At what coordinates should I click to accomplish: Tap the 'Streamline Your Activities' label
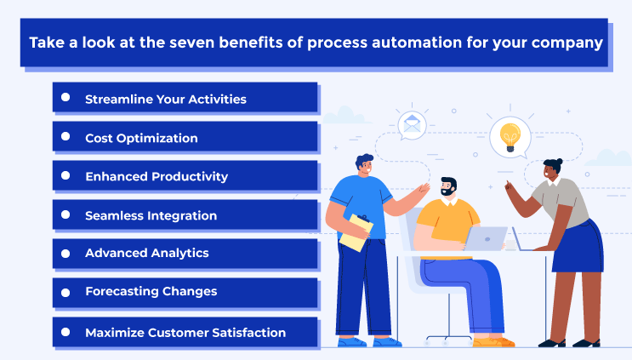(166, 99)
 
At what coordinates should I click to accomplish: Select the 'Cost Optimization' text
(141, 138)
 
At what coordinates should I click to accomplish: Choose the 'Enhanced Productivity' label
(157, 176)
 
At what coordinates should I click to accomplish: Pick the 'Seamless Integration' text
(151, 215)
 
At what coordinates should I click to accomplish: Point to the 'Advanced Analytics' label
(146, 253)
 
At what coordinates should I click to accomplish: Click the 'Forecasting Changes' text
(151, 291)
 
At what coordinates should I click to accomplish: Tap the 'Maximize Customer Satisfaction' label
(185, 332)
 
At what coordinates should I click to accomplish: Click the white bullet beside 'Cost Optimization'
(65, 136)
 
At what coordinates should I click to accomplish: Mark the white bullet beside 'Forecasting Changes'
(65, 290)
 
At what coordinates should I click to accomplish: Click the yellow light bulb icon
(510, 134)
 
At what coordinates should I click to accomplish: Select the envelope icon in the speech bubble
(413, 126)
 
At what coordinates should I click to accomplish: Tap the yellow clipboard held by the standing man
(356, 232)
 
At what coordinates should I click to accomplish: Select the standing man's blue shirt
(355, 200)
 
